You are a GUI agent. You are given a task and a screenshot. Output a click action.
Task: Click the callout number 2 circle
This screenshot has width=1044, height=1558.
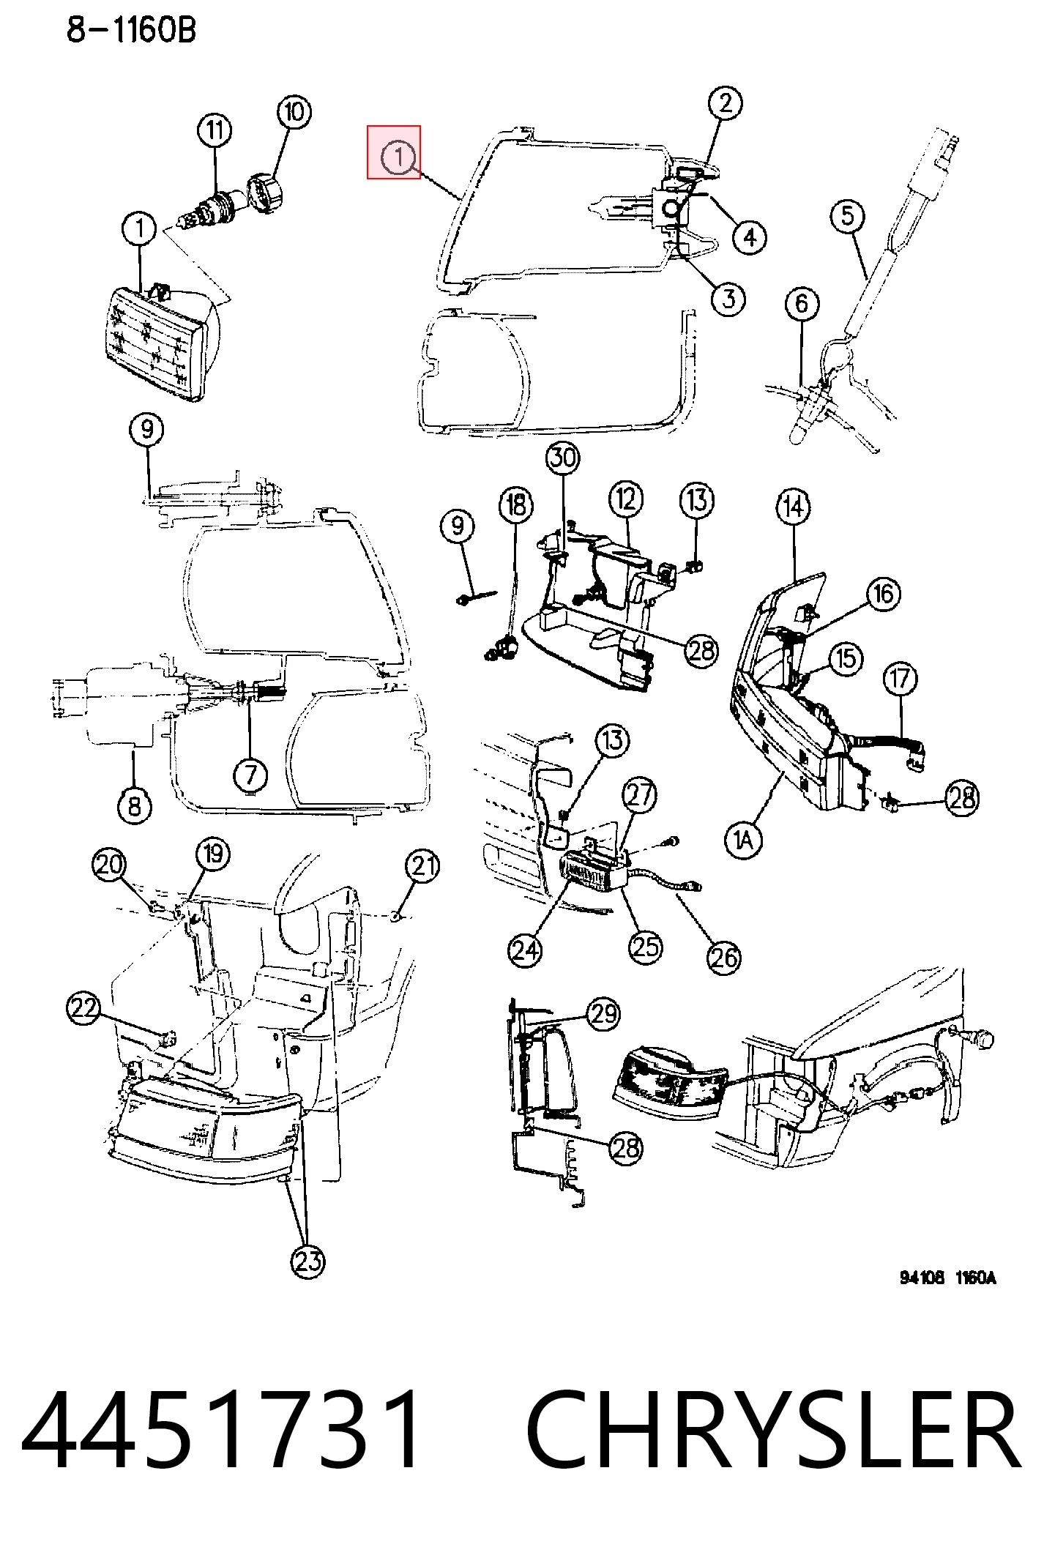tap(726, 103)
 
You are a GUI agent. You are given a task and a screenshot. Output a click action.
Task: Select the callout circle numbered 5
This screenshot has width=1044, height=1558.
tap(848, 216)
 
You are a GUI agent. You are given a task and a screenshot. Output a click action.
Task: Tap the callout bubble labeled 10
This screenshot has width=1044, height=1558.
tap(294, 112)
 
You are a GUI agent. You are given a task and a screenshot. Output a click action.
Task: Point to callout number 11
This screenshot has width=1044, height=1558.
tap(215, 130)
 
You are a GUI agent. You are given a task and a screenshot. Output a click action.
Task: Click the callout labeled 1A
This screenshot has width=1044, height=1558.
tap(743, 840)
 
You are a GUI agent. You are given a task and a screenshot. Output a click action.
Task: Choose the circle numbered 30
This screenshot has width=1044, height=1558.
tap(563, 458)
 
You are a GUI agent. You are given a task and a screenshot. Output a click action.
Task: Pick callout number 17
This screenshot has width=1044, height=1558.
tap(901, 679)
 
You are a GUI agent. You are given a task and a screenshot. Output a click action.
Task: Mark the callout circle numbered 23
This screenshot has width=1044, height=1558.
tap(308, 1261)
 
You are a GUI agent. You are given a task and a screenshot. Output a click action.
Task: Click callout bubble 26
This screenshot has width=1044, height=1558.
tap(724, 958)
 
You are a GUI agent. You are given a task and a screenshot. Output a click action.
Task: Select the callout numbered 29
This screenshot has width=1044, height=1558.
tap(604, 1014)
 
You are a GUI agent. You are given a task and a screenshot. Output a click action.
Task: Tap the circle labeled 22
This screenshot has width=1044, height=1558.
tap(84, 1008)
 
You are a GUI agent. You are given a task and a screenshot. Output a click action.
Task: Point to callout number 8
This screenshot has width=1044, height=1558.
tap(135, 806)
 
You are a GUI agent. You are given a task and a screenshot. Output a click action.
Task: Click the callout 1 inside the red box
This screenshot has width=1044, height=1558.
tap(399, 157)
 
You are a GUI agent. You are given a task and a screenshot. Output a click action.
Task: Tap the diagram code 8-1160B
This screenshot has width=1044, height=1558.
tap(132, 30)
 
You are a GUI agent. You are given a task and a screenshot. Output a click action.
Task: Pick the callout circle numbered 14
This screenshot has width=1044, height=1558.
tap(794, 507)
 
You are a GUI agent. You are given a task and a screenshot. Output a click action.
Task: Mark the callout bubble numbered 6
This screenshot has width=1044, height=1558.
tap(802, 303)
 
